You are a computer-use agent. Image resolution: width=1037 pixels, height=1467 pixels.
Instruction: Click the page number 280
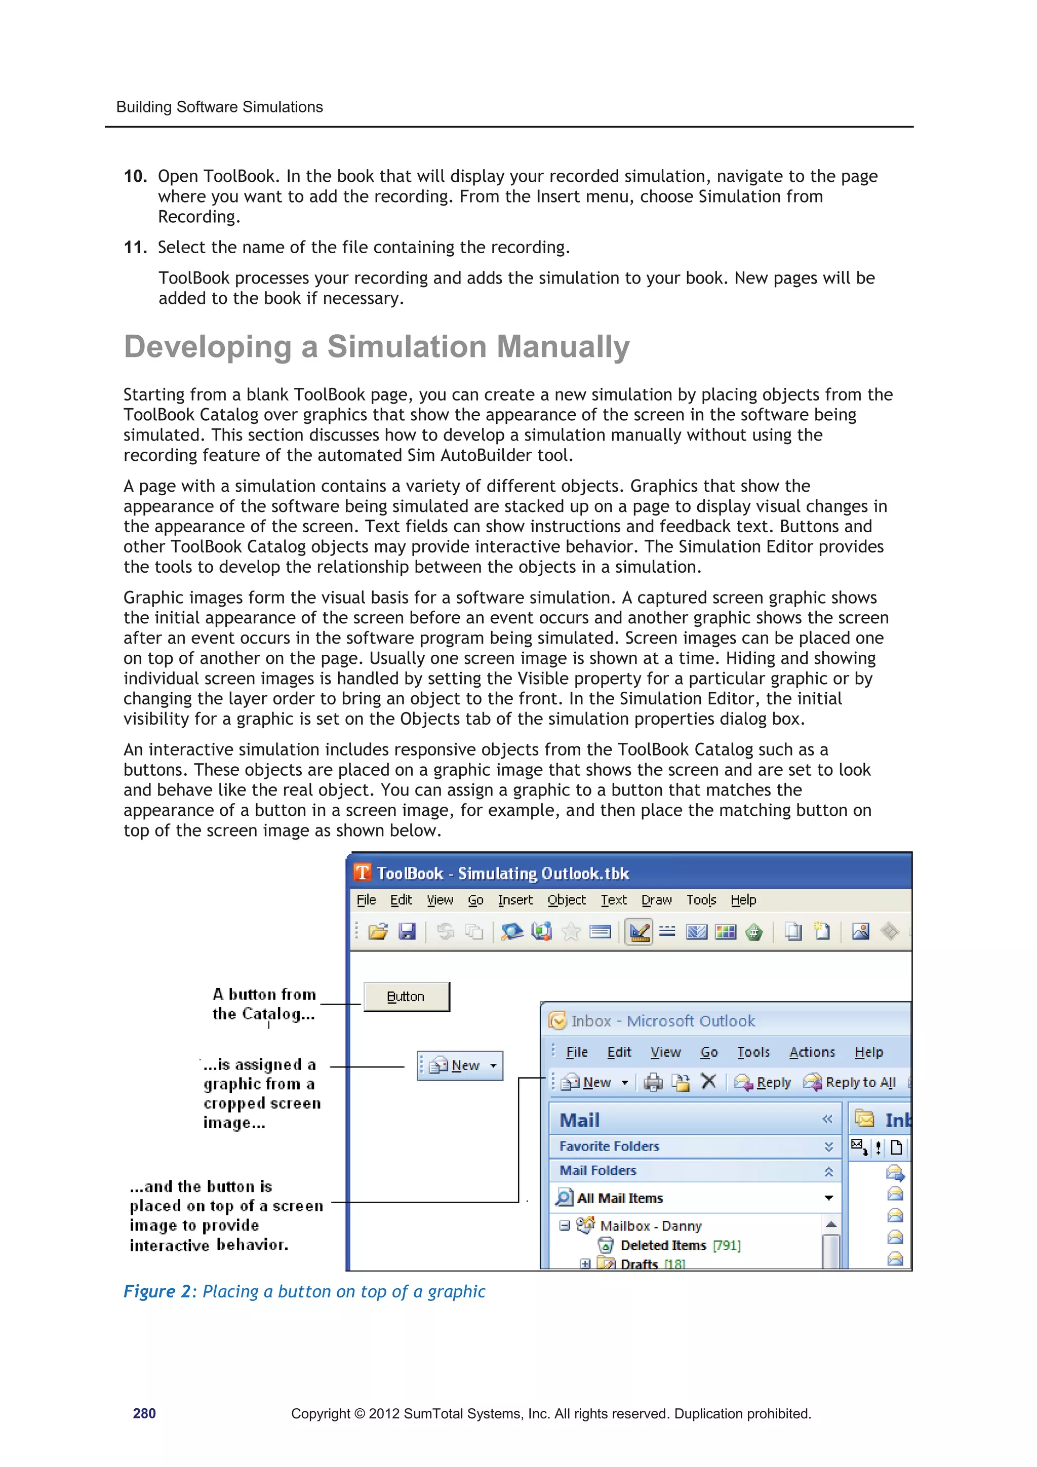click(144, 1413)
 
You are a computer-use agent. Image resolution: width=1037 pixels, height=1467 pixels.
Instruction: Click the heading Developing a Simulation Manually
click(376, 347)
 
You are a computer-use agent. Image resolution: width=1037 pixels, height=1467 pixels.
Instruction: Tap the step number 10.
click(135, 176)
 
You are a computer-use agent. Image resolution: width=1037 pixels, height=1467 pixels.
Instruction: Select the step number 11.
click(135, 247)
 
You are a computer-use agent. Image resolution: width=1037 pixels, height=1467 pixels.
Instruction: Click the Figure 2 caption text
click(304, 1291)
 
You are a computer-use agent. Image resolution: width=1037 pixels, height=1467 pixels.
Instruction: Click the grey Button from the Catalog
click(407, 997)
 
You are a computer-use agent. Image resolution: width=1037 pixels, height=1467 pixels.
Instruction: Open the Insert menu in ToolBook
click(514, 900)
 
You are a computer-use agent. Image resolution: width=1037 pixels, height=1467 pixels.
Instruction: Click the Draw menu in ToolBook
click(656, 900)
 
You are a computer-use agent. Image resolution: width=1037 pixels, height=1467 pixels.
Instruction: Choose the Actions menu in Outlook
click(812, 1052)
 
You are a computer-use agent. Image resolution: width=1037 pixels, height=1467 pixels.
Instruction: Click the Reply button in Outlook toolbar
click(763, 1082)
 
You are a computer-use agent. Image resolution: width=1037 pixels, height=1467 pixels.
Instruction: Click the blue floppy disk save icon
click(407, 932)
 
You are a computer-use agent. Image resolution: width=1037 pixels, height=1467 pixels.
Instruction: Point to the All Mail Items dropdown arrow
click(829, 1198)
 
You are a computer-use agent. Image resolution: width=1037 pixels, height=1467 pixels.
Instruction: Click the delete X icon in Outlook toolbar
click(708, 1082)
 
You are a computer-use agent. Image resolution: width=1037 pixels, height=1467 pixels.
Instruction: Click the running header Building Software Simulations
click(219, 107)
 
